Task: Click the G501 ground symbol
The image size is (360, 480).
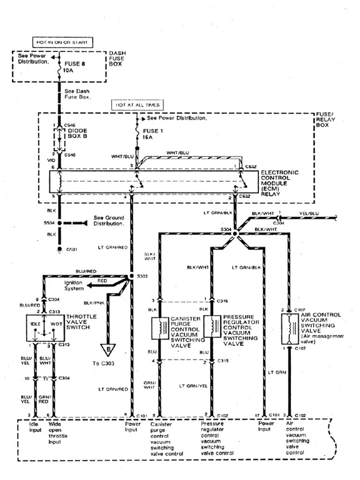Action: click(x=59, y=249)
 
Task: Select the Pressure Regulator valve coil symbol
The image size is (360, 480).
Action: click(x=212, y=327)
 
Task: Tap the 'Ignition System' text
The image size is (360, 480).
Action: click(x=73, y=285)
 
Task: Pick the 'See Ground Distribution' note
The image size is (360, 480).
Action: click(x=109, y=221)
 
